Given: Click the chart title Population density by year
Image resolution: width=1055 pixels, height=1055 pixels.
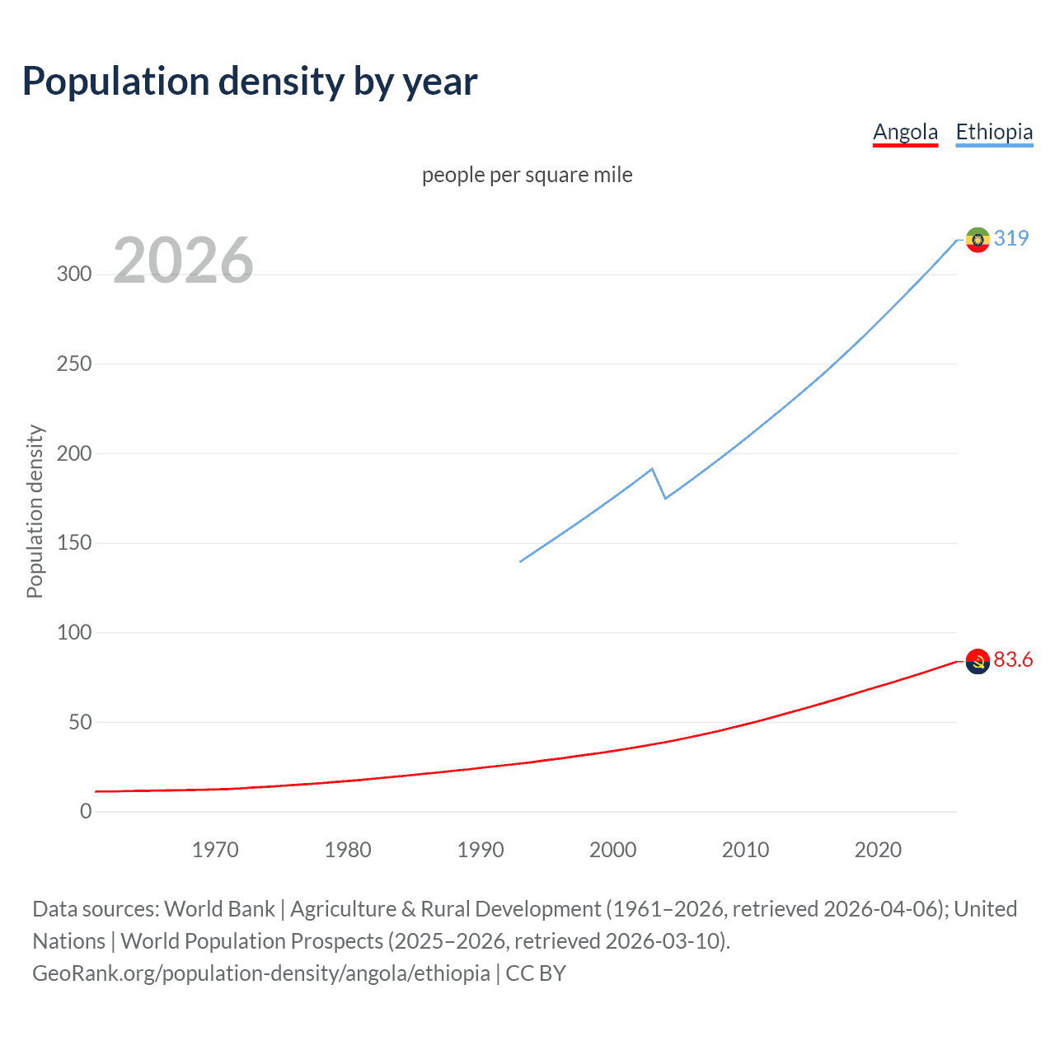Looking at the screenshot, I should point(250,82).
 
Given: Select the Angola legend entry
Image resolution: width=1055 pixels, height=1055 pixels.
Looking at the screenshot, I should point(905,132).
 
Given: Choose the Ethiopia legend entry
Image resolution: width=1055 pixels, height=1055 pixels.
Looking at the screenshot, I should point(994,132).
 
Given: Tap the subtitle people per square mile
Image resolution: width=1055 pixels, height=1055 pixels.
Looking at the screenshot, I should point(527,175).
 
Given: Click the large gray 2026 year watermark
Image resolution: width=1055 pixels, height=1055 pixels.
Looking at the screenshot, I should point(183,260).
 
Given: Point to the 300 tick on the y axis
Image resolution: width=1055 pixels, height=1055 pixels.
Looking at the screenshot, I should point(74,274).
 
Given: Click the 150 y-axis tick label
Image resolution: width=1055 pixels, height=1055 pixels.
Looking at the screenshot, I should point(74,543).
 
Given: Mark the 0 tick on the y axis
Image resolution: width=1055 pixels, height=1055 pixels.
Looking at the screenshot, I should point(86,812).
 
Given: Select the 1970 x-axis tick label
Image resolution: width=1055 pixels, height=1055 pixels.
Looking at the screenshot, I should point(215,850).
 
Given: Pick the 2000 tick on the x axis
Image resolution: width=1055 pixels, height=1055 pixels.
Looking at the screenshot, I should point(612,850).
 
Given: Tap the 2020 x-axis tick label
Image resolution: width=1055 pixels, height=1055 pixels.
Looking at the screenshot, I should point(878,850).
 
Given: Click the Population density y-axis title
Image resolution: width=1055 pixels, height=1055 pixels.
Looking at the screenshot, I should point(35,511).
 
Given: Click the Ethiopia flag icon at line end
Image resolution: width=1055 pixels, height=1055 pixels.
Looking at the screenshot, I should point(978,240).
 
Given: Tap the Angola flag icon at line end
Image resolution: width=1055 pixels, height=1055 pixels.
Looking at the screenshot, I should point(978,661).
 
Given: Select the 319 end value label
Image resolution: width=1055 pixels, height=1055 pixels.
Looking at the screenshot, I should point(1011,238).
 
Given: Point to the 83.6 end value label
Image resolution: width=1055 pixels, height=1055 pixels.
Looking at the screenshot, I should point(1013,660).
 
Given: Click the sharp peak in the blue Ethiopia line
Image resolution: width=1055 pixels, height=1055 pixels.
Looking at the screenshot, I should point(652,469).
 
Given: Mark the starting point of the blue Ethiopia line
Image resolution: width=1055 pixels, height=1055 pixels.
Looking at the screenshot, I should point(521,561).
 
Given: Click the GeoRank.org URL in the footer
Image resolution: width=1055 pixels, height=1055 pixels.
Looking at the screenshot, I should point(261,973).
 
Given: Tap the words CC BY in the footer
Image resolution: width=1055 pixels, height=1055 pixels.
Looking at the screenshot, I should point(536,973).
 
